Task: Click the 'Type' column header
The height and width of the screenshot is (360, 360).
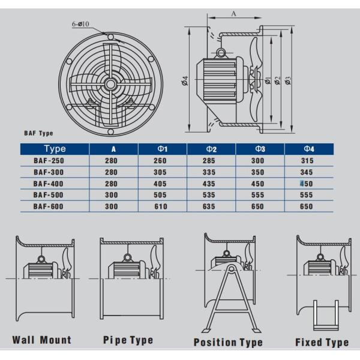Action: coord(55,149)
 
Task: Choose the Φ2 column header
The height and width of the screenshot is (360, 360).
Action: coord(211,149)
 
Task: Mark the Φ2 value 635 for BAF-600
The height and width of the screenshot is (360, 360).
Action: coord(211,206)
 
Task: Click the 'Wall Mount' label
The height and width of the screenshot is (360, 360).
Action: coord(41,340)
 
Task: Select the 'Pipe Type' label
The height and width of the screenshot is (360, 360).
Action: coord(128,340)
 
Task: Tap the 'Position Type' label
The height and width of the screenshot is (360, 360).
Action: coord(228,343)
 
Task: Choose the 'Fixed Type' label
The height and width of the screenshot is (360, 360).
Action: coord(322,343)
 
